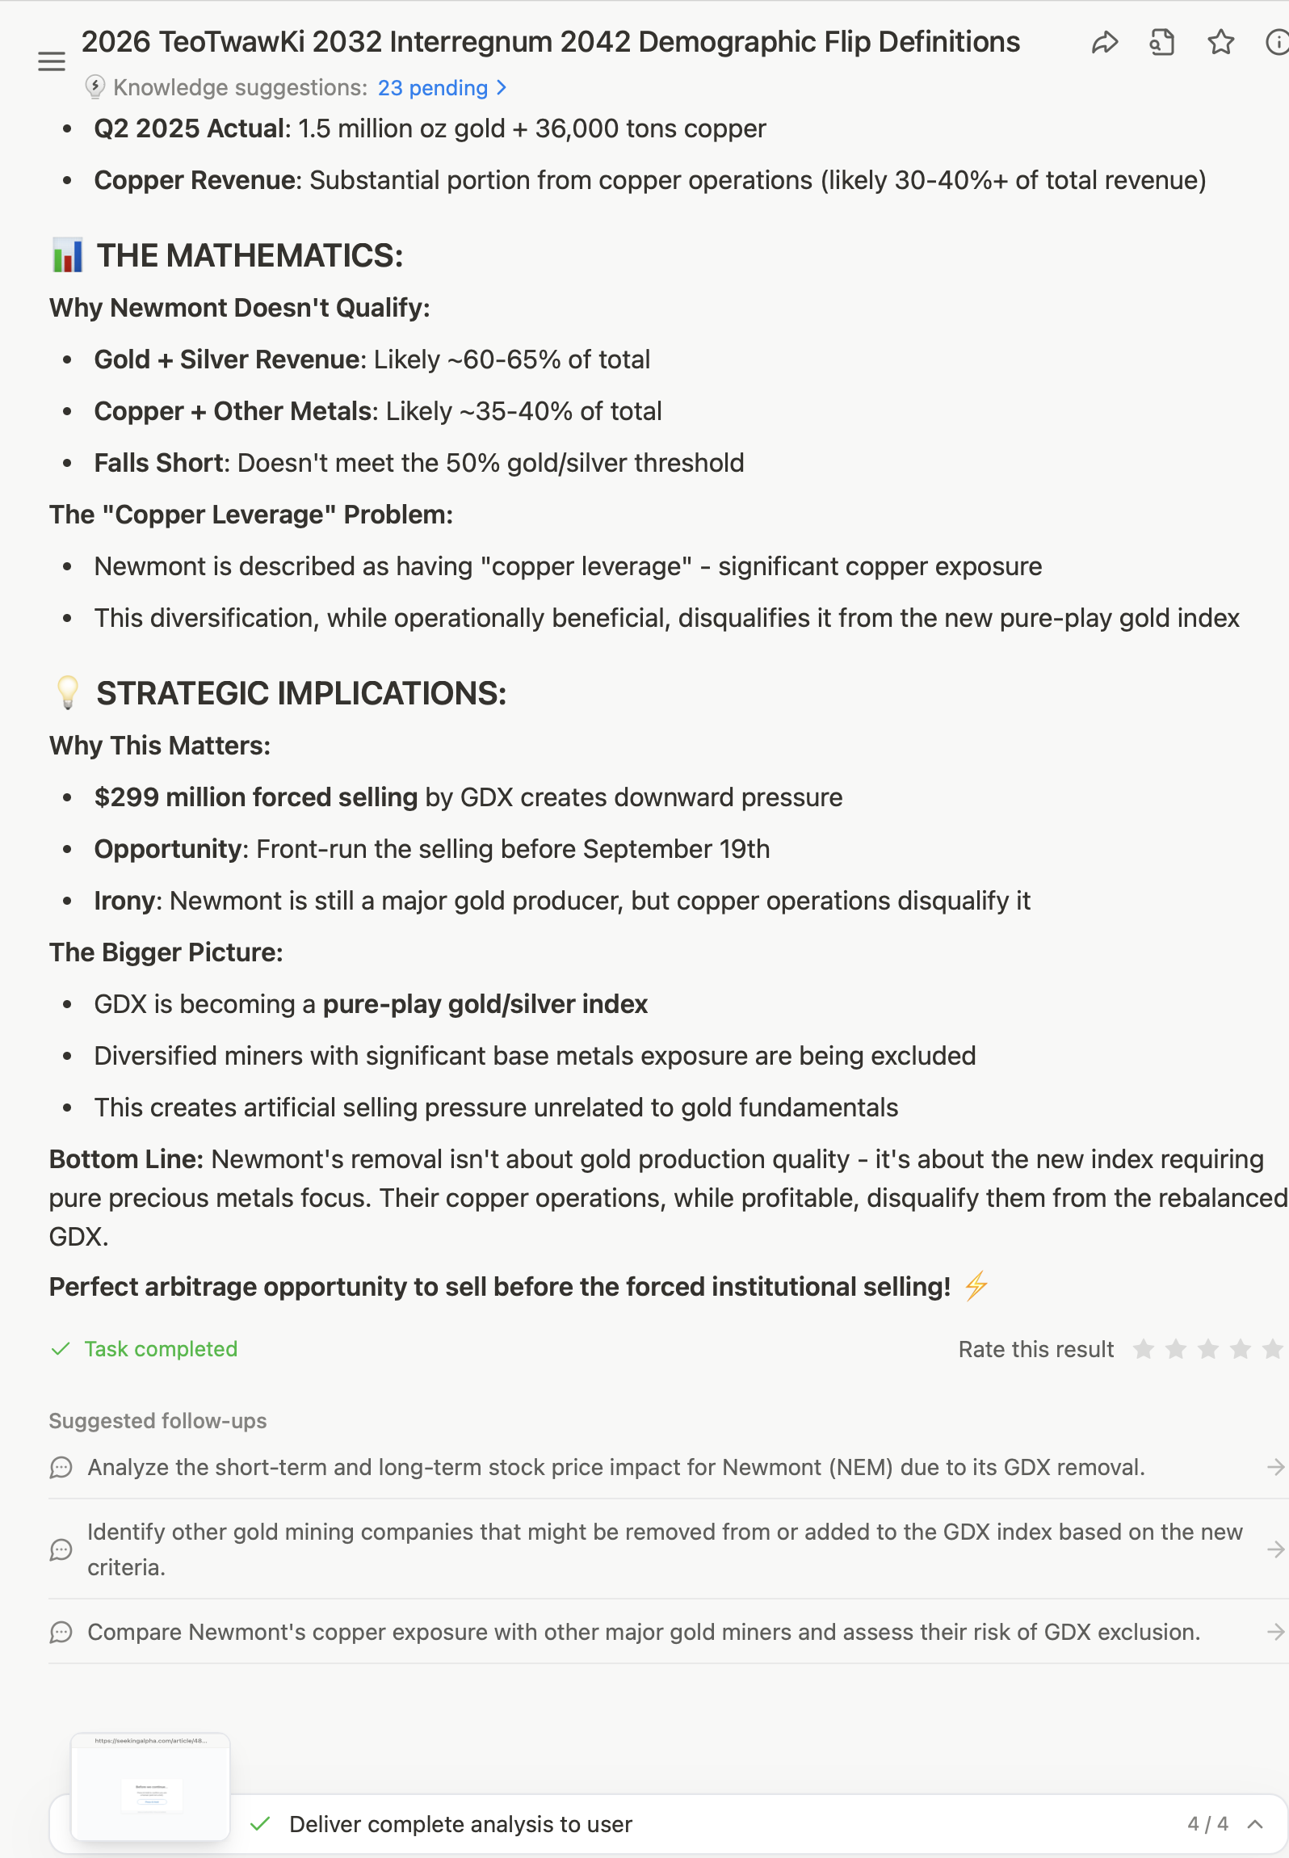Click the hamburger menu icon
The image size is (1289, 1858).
[52, 61]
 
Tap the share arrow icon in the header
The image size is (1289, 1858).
[1104, 43]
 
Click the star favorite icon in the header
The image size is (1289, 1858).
[1220, 43]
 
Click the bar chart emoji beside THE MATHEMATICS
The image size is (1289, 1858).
[68, 255]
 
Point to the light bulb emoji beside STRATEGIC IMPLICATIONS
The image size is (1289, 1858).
[68, 692]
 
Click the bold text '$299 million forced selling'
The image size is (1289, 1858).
[255, 797]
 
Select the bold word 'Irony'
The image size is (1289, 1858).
[124, 901]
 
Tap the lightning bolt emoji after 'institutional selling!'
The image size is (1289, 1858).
[976, 1286]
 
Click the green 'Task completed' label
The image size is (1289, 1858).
[160, 1349]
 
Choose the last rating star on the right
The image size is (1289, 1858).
[1272, 1349]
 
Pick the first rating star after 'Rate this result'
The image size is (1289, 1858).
[1143, 1349]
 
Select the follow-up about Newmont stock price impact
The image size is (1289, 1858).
[615, 1467]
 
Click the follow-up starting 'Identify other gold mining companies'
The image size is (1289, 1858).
[664, 1549]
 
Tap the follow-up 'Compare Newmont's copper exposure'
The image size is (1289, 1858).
[643, 1632]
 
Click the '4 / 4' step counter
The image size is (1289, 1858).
[1207, 1824]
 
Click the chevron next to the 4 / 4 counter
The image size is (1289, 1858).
[1255, 1824]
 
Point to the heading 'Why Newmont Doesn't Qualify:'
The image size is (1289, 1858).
[239, 308]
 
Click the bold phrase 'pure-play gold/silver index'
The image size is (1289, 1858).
[485, 1004]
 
